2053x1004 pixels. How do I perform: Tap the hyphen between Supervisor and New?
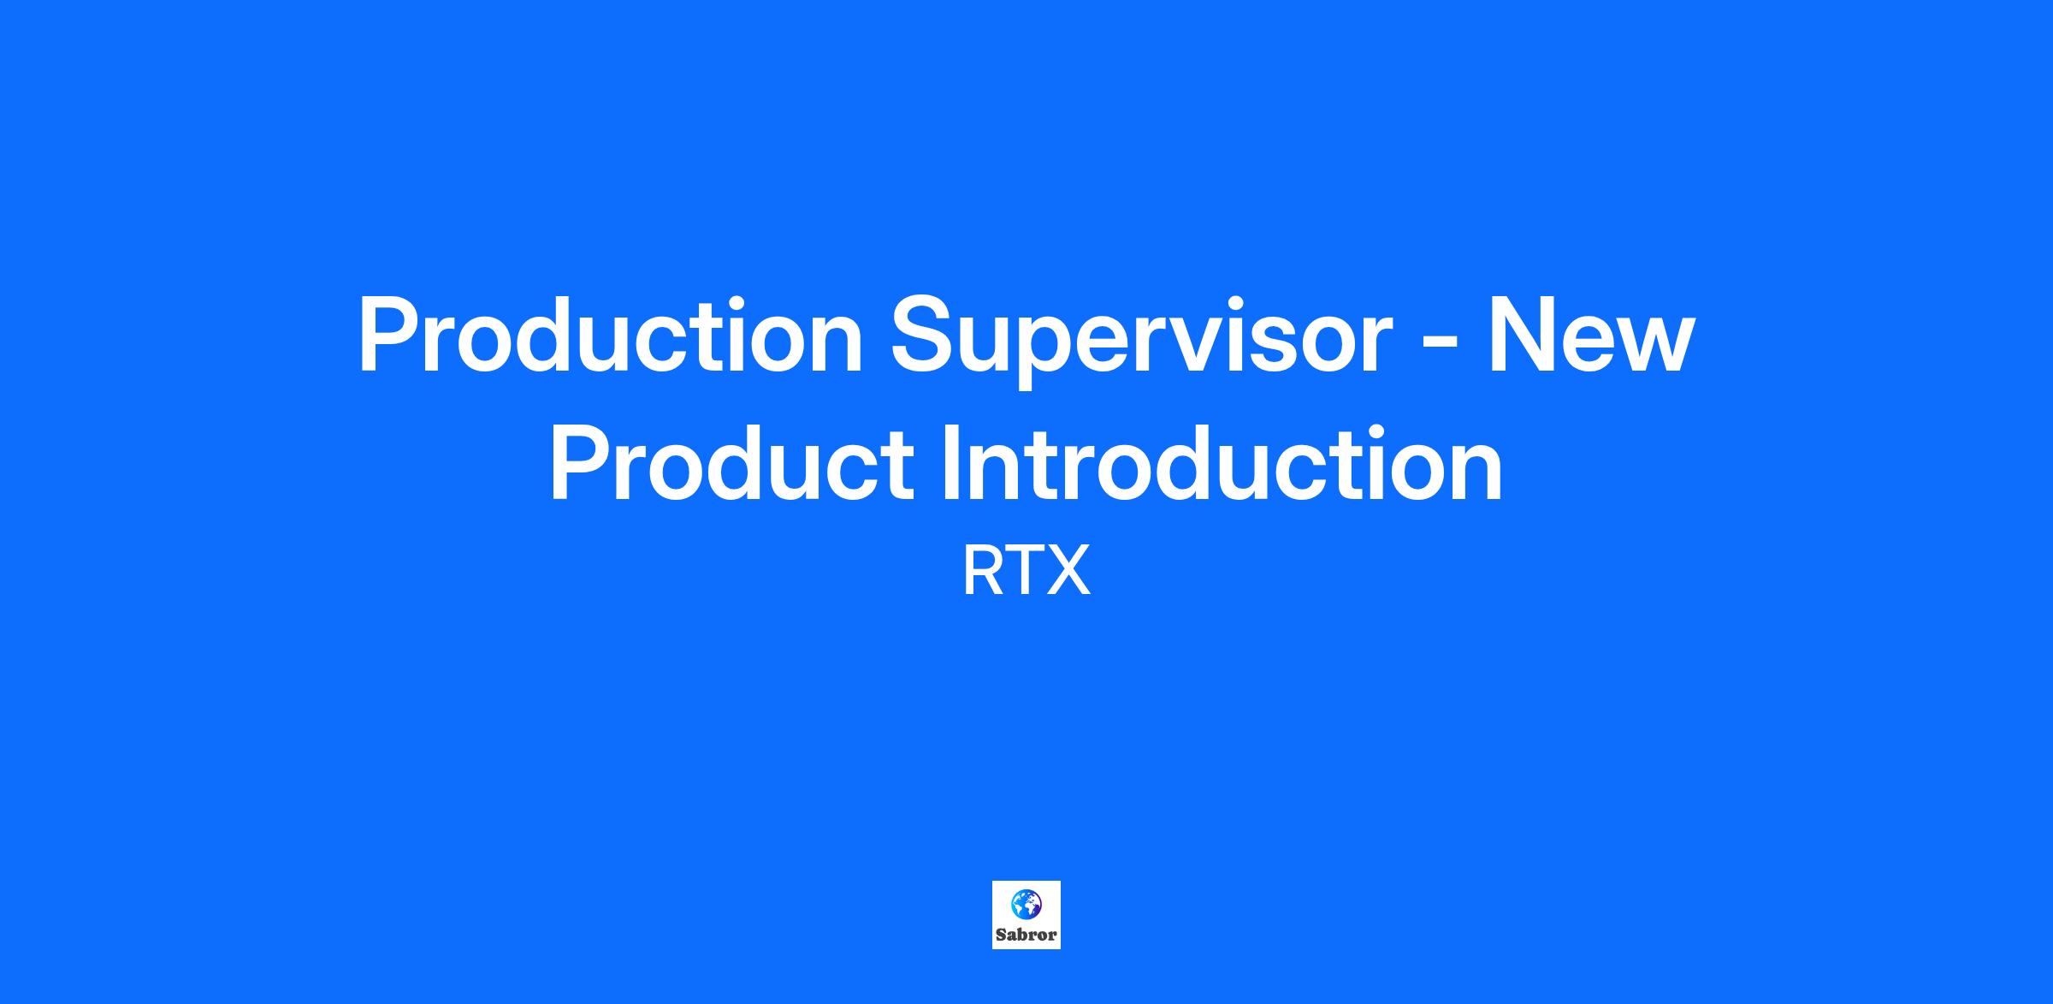[x=1440, y=345]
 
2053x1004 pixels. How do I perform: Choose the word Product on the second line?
[x=732, y=463]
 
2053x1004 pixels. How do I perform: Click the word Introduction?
[x=1222, y=463]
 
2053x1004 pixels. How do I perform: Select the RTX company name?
[x=1026, y=572]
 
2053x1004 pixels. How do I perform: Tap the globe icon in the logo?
[x=1026, y=904]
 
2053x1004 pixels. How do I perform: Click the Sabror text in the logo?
[x=1026, y=934]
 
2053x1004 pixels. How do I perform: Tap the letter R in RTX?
[x=984, y=572]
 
